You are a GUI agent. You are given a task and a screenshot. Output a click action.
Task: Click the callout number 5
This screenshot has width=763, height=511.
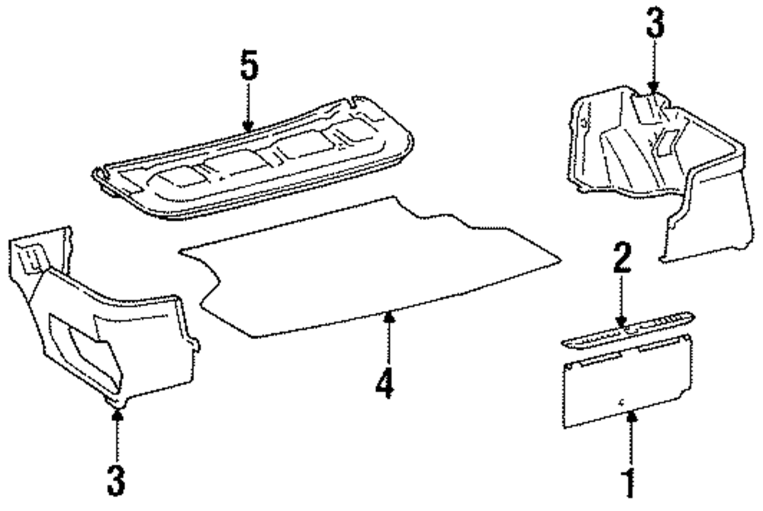tap(248, 68)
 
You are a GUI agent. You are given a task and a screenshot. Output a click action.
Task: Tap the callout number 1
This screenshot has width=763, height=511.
tap(628, 484)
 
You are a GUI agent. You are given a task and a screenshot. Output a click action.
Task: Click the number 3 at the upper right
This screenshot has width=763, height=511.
tap(655, 24)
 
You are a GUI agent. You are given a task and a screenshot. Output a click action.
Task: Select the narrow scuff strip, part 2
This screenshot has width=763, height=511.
tap(626, 327)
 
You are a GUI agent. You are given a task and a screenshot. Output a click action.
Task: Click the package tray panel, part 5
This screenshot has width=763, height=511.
tap(252, 164)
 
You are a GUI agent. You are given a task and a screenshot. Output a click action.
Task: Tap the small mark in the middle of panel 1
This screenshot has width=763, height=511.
tap(623, 400)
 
